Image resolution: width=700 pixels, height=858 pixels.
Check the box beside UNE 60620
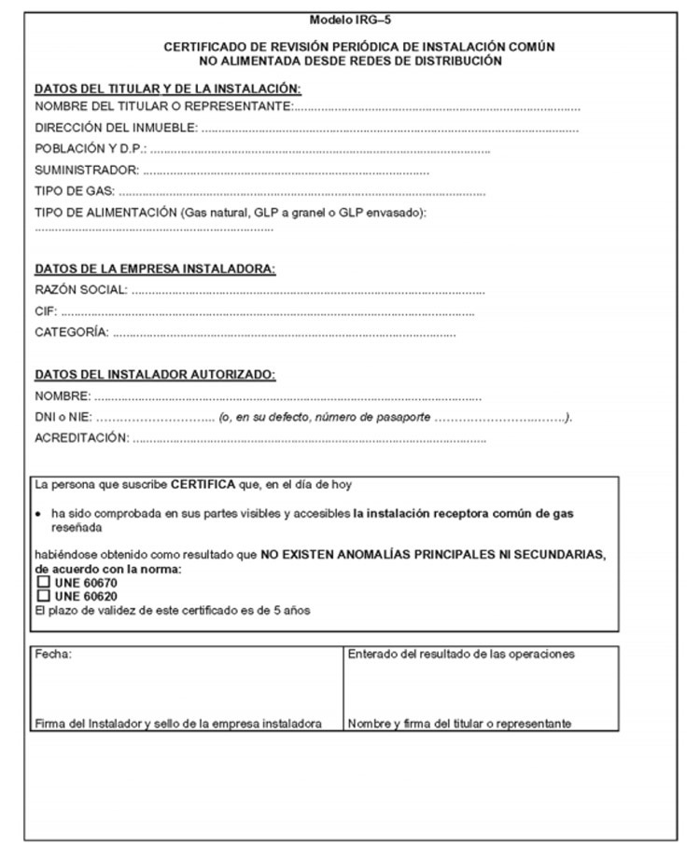tap(42, 596)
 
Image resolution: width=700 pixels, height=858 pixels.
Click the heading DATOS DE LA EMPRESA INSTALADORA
tap(155, 270)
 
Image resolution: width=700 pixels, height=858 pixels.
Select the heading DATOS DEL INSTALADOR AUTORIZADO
tap(155, 375)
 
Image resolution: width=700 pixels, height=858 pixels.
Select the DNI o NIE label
tap(63, 418)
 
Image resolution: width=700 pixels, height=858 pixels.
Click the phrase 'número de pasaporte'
tap(373, 418)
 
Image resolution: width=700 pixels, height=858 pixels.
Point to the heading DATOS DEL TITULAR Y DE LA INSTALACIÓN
tap(168, 89)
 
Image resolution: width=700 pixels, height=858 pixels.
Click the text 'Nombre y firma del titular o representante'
tap(459, 724)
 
